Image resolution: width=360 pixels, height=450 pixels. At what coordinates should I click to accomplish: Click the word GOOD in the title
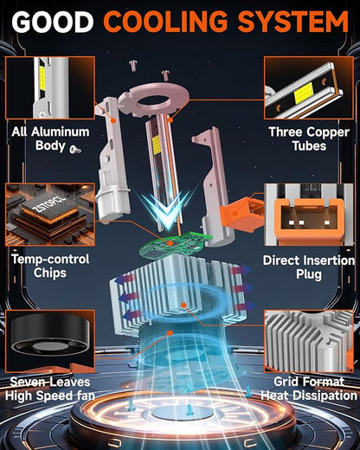click(53, 22)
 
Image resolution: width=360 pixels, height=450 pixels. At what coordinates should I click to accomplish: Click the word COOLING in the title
click(166, 22)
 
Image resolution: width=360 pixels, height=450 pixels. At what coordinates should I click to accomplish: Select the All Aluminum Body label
click(50, 138)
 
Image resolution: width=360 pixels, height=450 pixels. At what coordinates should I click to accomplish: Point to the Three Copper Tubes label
click(309, 138)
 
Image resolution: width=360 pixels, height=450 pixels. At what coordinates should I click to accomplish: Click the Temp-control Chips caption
click(50, 266)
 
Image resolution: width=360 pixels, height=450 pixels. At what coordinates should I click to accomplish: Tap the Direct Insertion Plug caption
click(309, 267)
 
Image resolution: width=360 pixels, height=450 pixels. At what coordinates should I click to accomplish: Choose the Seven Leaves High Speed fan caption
click(50, 389)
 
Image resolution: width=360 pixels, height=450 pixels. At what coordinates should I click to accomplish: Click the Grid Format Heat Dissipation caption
click(309, 389)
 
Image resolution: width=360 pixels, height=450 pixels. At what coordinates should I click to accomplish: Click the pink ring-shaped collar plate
click(154, 101)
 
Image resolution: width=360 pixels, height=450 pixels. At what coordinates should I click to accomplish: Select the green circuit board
click(175, 244)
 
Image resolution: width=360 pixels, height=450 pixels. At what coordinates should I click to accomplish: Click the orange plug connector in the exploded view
click(241, 212)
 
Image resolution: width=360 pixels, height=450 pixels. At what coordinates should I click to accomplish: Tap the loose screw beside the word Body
click(75, 149)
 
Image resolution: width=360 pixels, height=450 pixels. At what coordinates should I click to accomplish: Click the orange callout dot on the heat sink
click(183, 305)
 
